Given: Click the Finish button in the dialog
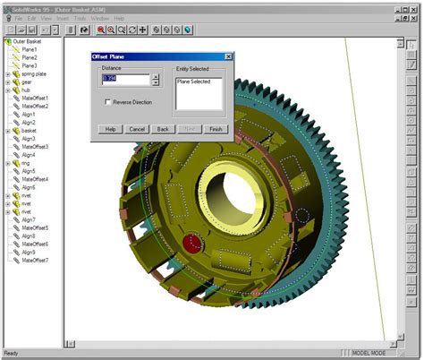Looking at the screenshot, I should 216,129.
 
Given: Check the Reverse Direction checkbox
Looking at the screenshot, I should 108,102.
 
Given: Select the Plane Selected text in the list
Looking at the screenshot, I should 194,81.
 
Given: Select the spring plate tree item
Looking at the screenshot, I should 35,73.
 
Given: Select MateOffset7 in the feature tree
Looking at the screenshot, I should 35,260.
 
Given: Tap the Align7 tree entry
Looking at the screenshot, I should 30,219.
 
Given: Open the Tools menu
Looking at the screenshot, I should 80,18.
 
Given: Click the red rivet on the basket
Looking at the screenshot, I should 191,242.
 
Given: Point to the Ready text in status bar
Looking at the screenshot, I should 11,353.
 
